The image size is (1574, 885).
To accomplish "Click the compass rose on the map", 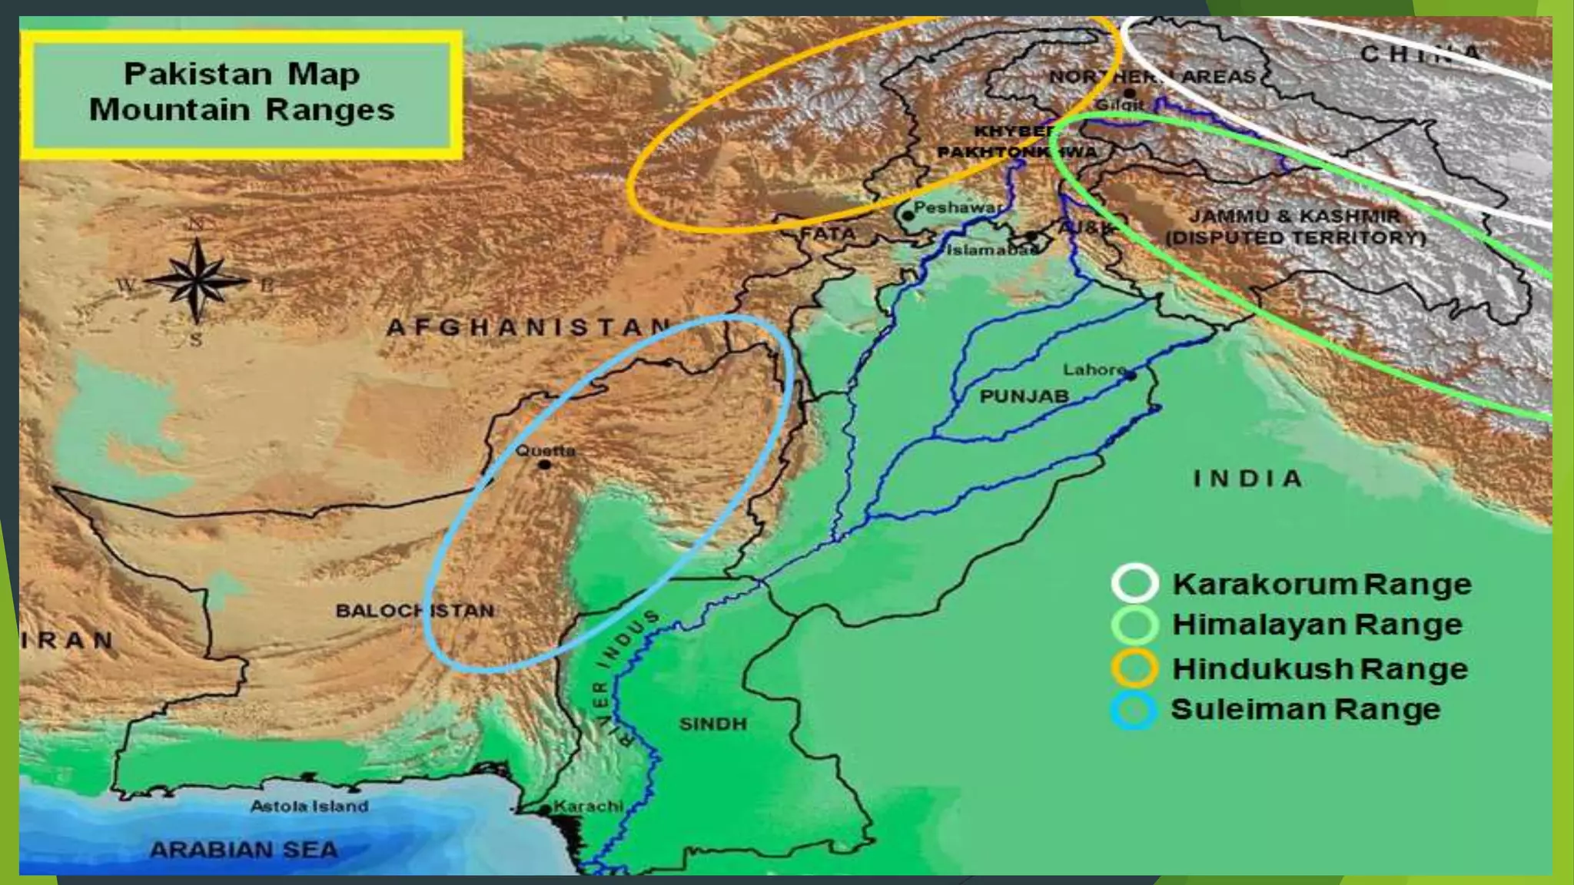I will (197, 280).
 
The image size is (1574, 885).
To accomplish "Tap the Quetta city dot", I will (545, 465).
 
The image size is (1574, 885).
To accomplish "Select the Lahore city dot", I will (1131, 375).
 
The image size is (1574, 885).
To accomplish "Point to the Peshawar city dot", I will (908, 216).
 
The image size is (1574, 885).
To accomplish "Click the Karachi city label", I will (588, 807).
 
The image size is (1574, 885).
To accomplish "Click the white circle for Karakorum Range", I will (1134, 583).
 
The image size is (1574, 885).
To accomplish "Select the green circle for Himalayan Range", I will (1134, 625).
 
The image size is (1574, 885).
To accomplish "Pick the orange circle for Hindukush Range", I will (1134, 668).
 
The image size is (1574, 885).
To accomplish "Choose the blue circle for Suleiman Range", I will (1134, 709).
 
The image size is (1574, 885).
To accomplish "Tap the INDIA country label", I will (1247, 479).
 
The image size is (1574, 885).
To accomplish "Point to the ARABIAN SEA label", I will (244, 850).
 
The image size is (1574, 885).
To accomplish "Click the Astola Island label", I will (309, 807).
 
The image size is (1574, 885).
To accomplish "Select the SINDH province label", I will (712, 724).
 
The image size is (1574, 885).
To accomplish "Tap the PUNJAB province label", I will (1024, 396).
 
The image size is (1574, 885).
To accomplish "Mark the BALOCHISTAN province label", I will (415, 612).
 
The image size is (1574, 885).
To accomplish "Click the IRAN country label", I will (68, 640).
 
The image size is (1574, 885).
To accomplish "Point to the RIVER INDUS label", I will (616, 676).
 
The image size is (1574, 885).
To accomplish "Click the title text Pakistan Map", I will (241, 75).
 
